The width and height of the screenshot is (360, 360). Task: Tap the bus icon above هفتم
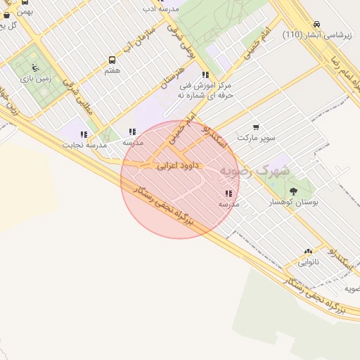click(x=112, y=60)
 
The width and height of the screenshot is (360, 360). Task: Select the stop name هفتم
click(x=112, y=71)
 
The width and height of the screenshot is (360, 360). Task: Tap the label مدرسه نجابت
click(x=84, y=145)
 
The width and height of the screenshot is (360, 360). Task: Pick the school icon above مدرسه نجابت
click(x=84, y=134)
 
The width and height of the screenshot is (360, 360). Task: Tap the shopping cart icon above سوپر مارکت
click(x=255, y=127)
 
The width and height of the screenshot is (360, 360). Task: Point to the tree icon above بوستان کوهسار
click(x=293, y=191)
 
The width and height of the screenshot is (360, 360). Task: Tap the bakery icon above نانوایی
click(x=308, y=252)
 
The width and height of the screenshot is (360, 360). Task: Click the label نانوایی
click(x=308, y=262)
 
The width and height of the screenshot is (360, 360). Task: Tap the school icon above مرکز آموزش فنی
click(x=205, y=75)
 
